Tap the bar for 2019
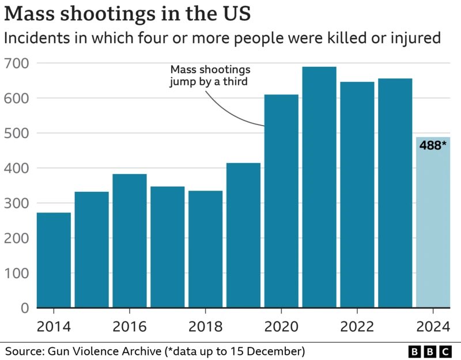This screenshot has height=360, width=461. click(x=243, y=236)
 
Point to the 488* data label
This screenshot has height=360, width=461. click(x=433, y=146)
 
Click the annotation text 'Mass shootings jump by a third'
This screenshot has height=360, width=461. click(x=209, y=76)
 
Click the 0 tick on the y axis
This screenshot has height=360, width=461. click(x=24, y=308)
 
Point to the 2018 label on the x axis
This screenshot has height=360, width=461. click(x=205, y=327)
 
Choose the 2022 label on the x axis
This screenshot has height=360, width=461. click(x=357, y=327)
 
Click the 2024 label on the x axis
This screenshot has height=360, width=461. click(x=433, y=327)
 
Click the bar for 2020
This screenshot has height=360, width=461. click(x=281, y=201)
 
